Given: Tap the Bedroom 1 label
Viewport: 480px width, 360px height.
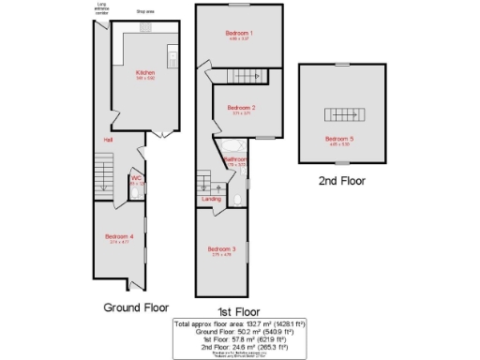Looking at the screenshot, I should [239, 33].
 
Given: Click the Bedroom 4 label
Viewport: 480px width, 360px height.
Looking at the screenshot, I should [118, 236].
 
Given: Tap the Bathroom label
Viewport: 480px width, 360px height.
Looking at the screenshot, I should [235, 159].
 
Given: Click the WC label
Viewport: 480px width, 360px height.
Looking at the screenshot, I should [136, 177].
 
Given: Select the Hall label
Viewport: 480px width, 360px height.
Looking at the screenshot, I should [109, 141].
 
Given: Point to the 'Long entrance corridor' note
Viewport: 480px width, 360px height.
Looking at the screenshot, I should [101, 10].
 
